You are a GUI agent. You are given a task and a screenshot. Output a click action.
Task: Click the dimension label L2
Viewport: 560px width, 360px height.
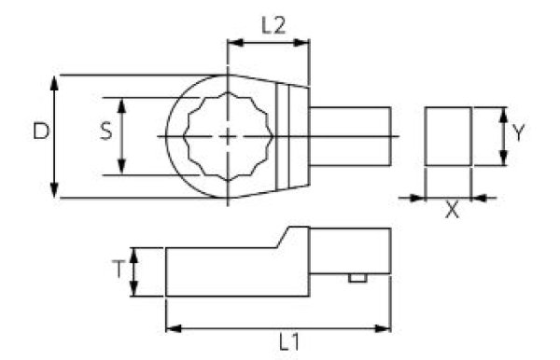click(272, 27)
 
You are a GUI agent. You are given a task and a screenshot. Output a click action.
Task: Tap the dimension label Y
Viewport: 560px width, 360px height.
click(521, 132)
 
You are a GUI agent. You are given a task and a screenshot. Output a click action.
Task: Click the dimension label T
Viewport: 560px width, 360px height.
click(118, 270)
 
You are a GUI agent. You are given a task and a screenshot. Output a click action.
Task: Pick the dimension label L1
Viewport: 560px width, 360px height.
click(288, 343)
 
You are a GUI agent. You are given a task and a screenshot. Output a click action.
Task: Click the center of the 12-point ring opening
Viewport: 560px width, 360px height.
click(228, 136)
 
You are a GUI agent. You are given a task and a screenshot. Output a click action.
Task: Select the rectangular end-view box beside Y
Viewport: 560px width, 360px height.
click(448, 136)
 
